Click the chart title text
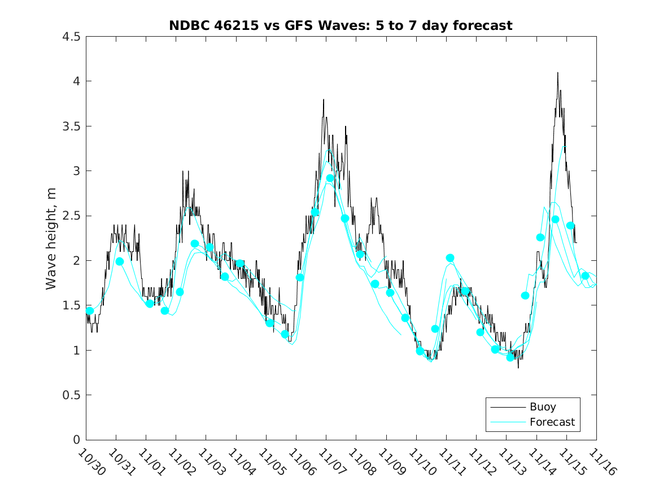[341, 25]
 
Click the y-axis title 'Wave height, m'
[51, 238]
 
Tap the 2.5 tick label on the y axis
[71, 216]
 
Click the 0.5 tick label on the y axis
[71, 395]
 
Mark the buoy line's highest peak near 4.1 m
[557, 73]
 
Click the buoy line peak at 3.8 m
[324, 99]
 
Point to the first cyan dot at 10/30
[89, 311]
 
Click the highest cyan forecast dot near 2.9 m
[330, 178]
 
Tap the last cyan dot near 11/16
[585, 276]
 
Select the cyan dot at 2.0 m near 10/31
[119, 261]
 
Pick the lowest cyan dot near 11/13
[510, 357]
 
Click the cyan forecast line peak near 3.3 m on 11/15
[564, 147]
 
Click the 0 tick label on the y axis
[75, 440]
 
